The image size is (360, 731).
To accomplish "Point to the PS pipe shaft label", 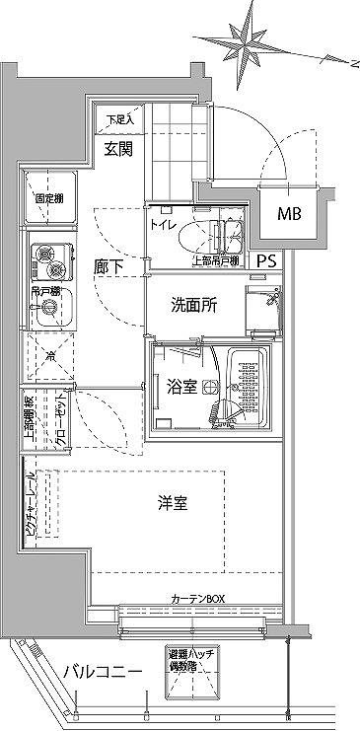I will pos(267,262).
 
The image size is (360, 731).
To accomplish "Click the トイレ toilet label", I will pos(163,226).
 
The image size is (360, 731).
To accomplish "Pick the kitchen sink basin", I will pos(45,314).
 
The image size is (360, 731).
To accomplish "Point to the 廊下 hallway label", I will pos(108,264).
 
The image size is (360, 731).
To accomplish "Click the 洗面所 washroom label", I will pos(192,307).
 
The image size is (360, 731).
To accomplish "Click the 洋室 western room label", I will pos(173,505).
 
